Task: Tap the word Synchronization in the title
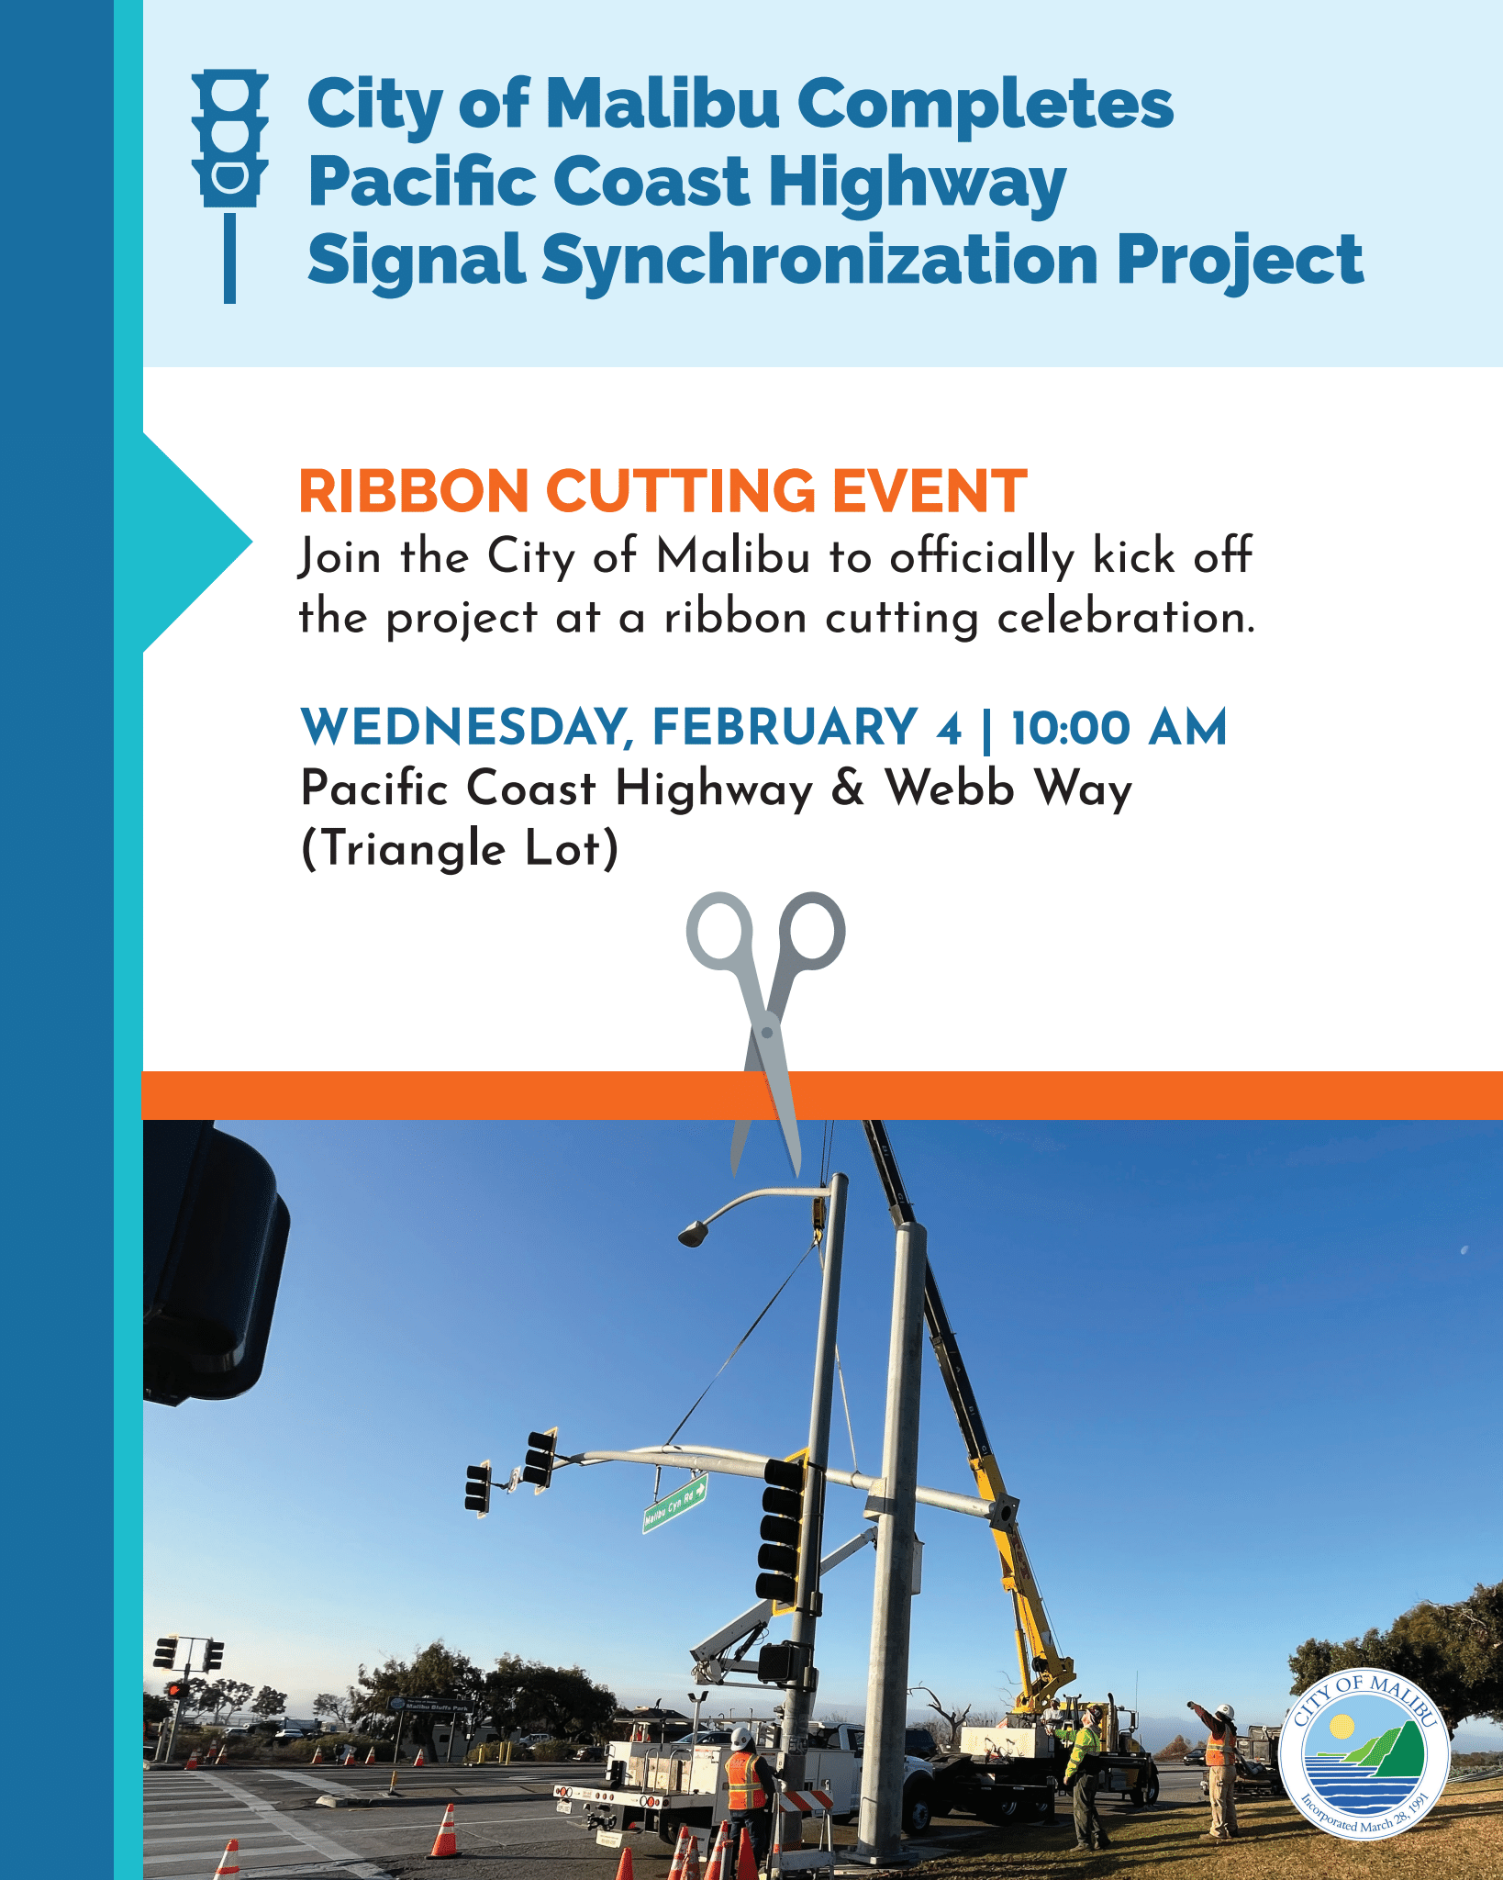[820, 260]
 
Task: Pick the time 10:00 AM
[1119, 728]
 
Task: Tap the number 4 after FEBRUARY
[949, 729]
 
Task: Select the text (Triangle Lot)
[460, 848]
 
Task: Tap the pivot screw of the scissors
[767, 1032]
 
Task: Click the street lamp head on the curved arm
[693, 1233]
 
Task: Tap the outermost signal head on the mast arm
[478, 1488]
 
